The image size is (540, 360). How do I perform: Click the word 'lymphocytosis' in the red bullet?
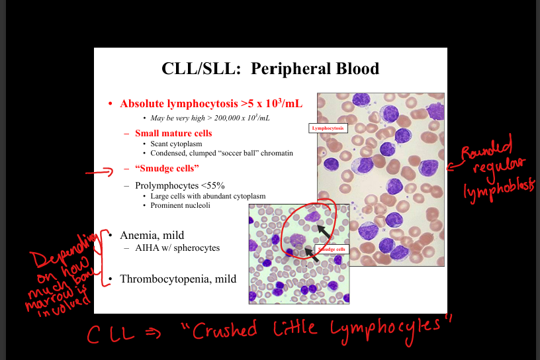(203, 104)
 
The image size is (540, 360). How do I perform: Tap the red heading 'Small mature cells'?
(173, 133)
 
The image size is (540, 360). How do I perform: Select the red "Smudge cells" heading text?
(167, 169)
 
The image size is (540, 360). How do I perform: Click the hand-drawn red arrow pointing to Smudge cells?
(99, 171)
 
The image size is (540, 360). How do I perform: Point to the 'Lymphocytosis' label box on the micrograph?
(328, 128)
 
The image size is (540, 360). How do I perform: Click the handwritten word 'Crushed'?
(224, 330)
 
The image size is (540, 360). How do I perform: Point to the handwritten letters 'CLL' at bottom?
(111, 334)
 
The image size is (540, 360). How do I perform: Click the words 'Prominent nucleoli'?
(180, 206)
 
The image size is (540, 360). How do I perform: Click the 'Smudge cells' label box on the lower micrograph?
(332, 249)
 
